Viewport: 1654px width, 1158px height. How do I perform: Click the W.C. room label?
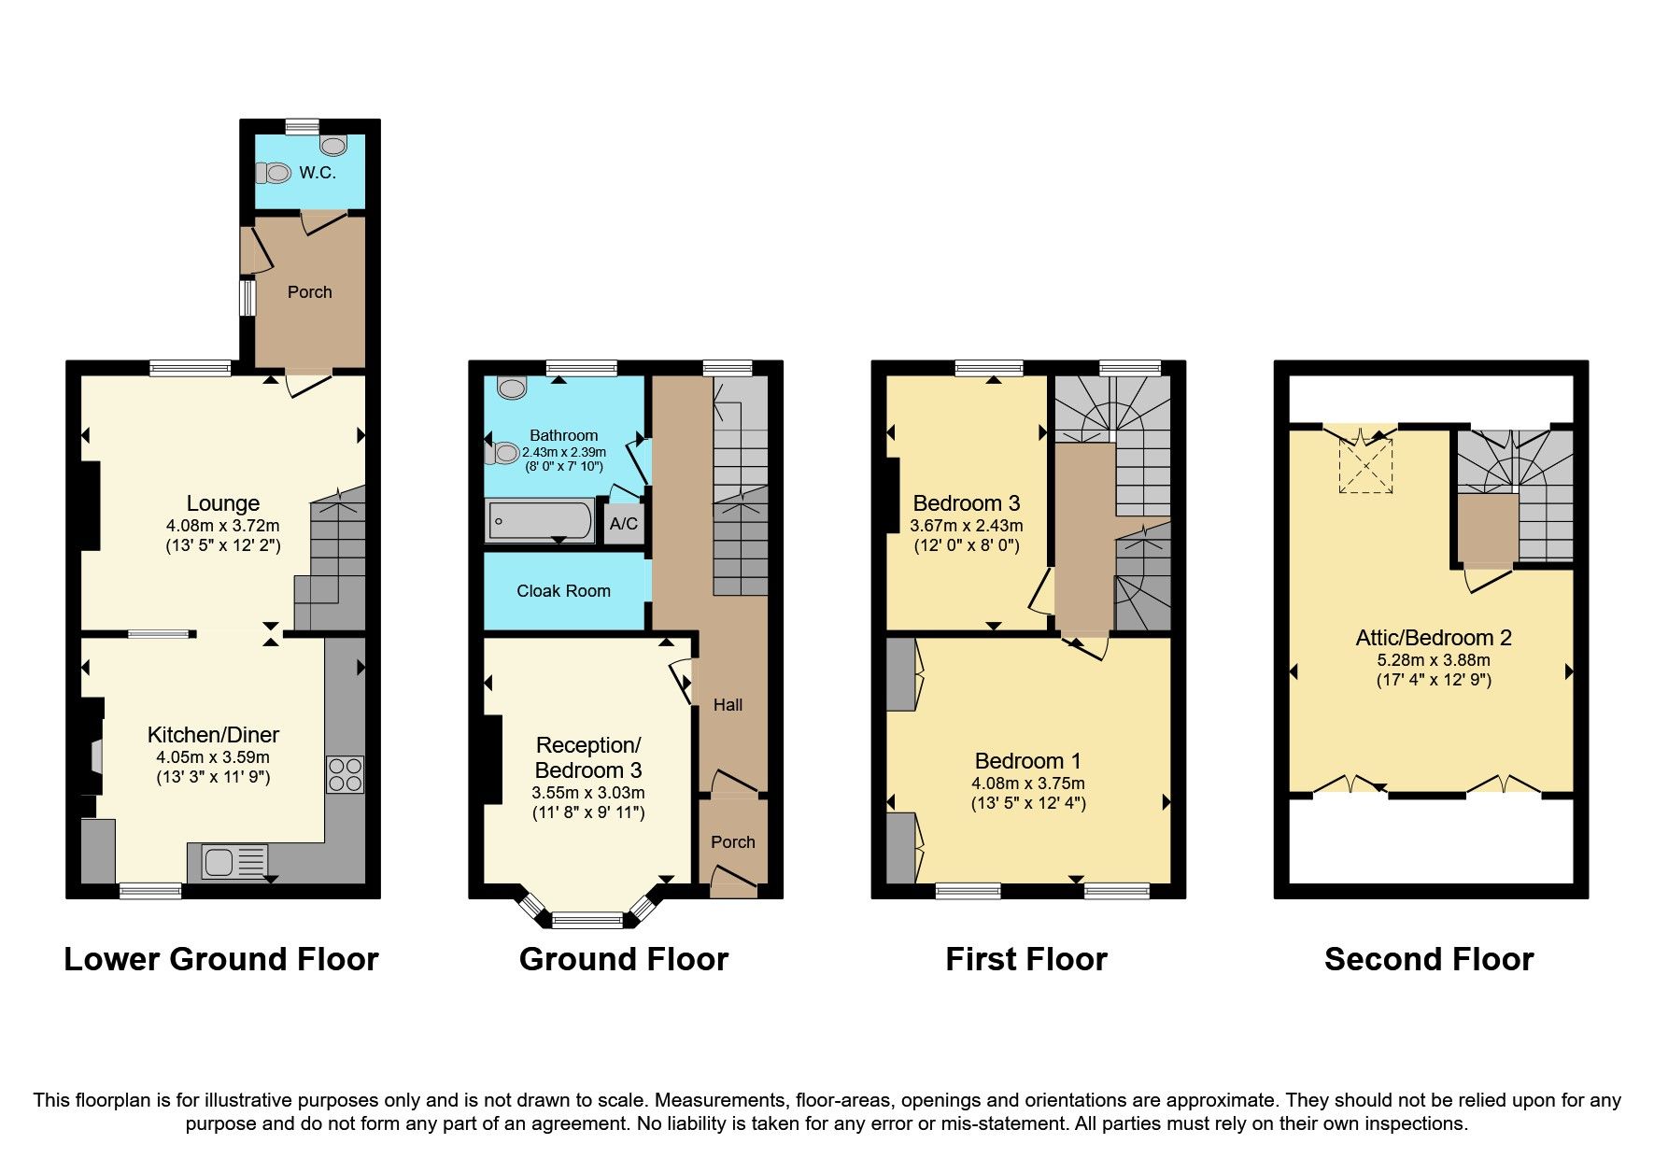click(x=317, y=173)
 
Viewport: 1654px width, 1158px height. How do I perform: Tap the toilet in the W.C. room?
click(x=276, y=173)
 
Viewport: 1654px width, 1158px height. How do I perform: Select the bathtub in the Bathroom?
click(x=540, y=521)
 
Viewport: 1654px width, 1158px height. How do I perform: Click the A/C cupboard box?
click(x=623, y=523)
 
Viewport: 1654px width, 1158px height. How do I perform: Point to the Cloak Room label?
click(x=563, y=591)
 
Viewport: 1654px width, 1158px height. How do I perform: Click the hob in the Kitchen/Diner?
click(x=345, y=774)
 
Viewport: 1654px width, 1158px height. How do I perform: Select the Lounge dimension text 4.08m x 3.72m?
click(x=222, y=526)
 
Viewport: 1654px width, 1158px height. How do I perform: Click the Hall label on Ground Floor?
click(x=728, y=705)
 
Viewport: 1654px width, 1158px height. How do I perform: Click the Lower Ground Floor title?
click(x=220, y=959)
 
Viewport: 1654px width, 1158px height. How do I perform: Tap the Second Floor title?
click(x=1428, y=959)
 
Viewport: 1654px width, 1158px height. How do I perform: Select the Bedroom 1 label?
click(x=1027, y=761)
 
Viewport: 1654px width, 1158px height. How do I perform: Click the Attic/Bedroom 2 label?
click(x=1433, y=638)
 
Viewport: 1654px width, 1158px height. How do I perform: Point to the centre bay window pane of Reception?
click(x=587, y=920)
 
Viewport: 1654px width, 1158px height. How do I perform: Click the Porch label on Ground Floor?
click(x=732, y=842)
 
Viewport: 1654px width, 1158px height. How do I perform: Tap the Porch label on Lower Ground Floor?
click(x=309, y=292)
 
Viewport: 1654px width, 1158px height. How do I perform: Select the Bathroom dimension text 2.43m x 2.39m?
click(x=563, y=452)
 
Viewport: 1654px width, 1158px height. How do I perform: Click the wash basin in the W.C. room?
click(x=332, y=145)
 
